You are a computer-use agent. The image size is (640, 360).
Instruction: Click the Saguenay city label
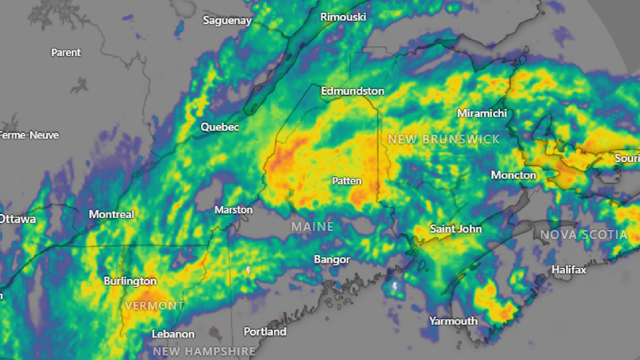click(227, 21)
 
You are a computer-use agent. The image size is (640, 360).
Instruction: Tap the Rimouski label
click(343, 17)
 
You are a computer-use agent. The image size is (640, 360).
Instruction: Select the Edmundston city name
click(353, 91)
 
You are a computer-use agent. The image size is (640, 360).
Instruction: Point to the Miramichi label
click(482, 113)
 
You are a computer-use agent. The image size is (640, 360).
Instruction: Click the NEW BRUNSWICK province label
click(444, 139)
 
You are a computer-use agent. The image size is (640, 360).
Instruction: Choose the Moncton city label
click(513, 175)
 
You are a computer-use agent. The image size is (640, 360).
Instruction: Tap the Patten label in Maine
click(347, 181)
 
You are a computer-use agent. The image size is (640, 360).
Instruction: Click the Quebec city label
click(220, 127)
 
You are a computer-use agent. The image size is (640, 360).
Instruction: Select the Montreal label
click(111, 214)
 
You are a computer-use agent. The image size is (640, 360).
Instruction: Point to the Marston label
click(233, 210)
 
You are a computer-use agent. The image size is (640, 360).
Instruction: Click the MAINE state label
click(312, 227)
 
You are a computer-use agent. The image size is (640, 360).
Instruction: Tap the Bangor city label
click(332, 259)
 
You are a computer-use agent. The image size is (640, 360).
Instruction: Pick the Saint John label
click(456, 229)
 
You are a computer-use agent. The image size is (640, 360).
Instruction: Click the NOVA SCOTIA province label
click(584, 235)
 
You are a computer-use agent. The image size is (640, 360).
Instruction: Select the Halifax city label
click(569, 270)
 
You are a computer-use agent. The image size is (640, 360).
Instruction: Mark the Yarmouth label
click(453, 321)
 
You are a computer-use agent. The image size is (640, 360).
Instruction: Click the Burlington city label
click(130, 281)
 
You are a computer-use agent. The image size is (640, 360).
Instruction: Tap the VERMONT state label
click(154, 306)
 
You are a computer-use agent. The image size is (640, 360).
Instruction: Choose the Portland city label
click(265, 332)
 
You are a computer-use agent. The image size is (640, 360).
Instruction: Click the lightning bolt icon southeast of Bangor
click(395, 287)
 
